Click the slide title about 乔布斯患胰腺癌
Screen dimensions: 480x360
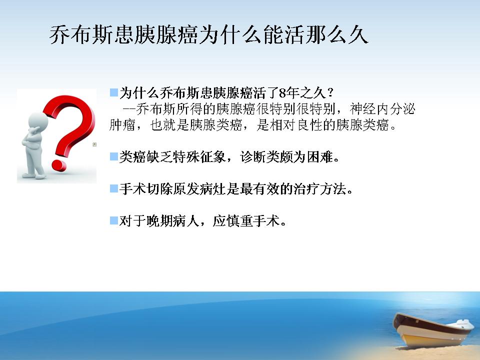coord(209,34)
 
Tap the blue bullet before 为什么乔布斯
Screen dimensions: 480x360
coord(114,92)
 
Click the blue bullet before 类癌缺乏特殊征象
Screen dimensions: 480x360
coord(114,156)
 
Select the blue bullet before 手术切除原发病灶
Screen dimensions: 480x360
coord(114,188)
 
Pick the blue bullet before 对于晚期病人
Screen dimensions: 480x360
coord(114,220)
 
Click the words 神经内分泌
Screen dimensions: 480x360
coord(382,109)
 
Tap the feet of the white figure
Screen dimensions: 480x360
coord(34,176)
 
